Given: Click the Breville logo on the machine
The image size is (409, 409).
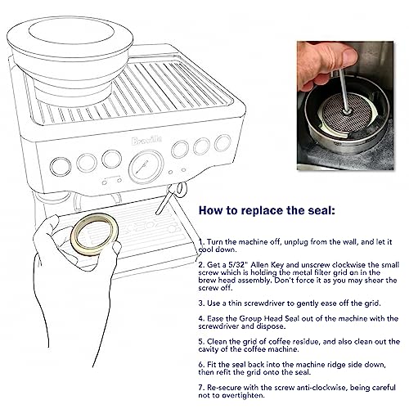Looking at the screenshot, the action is [x=146, y=141].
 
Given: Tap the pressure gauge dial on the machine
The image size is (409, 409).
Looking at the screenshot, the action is [x=146, y=167].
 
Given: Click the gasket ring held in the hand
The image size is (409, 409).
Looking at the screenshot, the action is [x=94, y=234].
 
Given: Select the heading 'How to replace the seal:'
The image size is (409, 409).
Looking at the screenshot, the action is [x=267, y=210].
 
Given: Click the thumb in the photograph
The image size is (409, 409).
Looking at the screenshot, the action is [x=345, y=56].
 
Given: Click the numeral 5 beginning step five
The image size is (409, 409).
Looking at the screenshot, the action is [x=201, y=342].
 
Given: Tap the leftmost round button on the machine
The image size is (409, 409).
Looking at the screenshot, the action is [x=61, y=167].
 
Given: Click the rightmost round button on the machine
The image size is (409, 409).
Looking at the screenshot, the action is [x=222, y=143].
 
